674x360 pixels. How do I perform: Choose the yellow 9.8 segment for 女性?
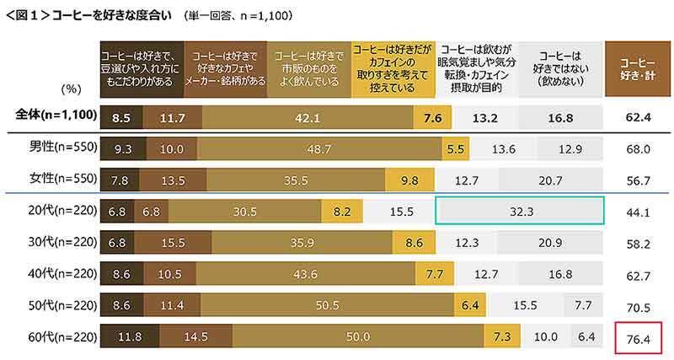pyautogui.click(x=410, y=180)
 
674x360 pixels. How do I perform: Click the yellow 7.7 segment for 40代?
pyautogui.click(x=435, y=275)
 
